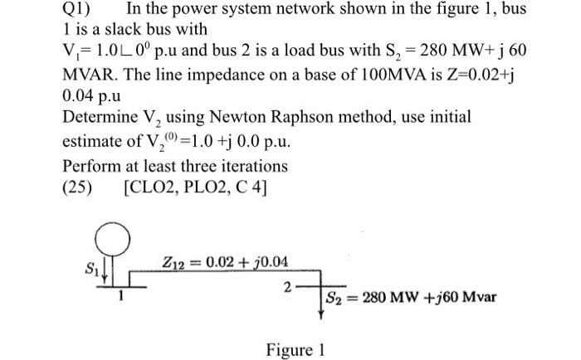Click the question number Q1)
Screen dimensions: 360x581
click(80, 12)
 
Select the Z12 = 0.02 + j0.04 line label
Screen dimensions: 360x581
click(226, 264)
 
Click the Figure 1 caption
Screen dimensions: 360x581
click(295, 350)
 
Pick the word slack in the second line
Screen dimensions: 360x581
click(118, 32)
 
